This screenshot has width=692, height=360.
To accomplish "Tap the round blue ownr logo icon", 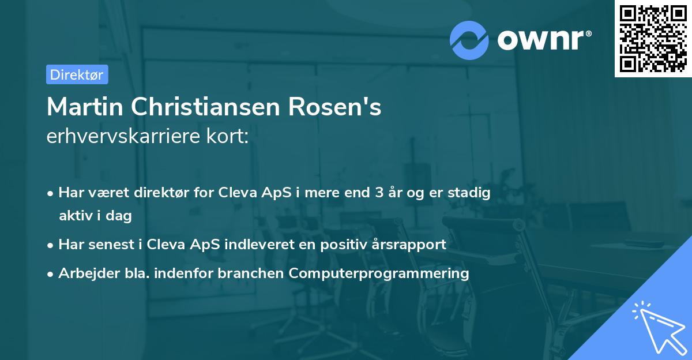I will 469,40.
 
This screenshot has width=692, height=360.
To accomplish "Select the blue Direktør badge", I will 77,74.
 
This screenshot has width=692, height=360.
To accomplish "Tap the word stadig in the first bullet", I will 471,193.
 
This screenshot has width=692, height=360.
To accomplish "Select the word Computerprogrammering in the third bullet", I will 379,273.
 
